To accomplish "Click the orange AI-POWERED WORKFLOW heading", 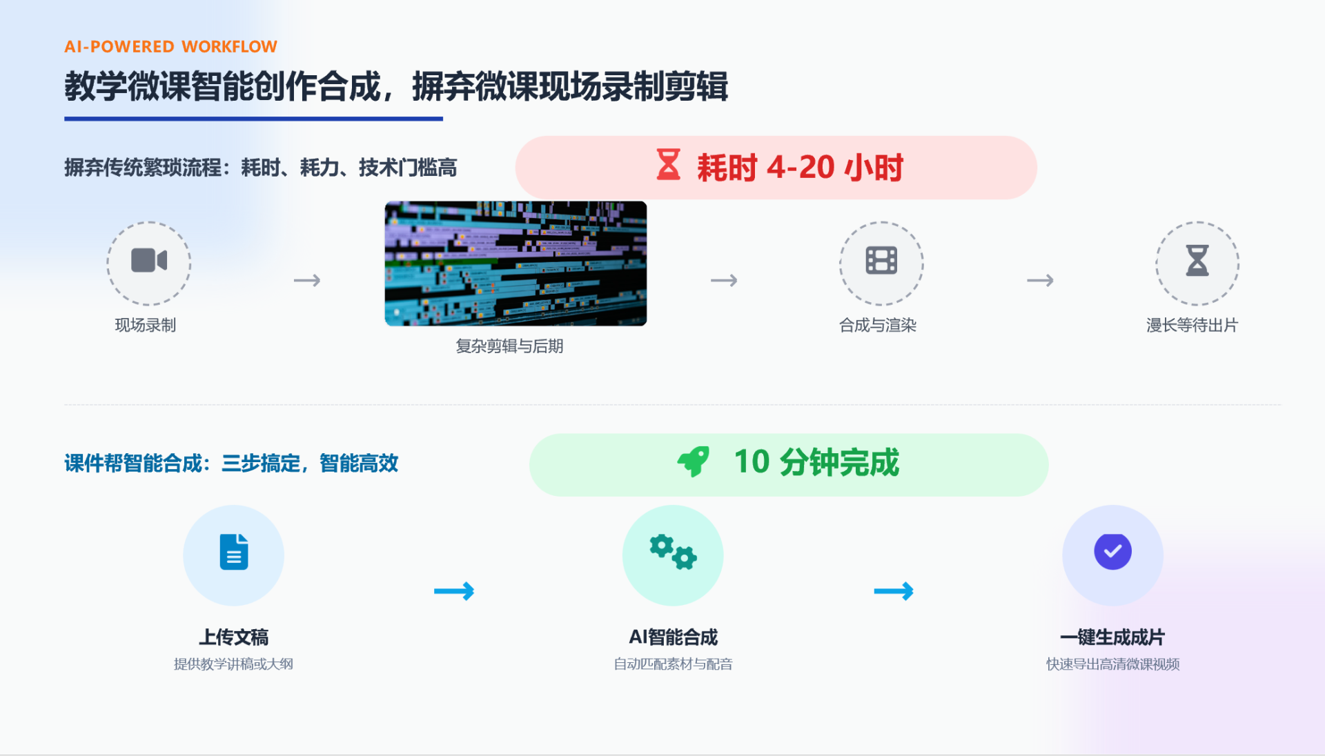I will click(x=170, y=46).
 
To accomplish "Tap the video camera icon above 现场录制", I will click(x=149, y=261).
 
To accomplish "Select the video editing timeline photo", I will click(x=516, y=263).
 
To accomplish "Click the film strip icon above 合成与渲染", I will click(x=881, y=261).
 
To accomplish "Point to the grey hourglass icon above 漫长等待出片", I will click(x=1197, y=261).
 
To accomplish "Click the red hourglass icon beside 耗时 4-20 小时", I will click(x=668, y=165).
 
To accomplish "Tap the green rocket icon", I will click(x=694, y=461).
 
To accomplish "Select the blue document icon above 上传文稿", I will click(x=234, y=552).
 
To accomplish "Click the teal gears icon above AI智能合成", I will click(x=673, y=552).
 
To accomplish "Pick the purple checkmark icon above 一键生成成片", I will click(x=1112, y=552).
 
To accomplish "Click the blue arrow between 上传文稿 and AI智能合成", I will click(x=454, y=591).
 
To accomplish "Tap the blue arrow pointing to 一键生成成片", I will click(x=894, y=591).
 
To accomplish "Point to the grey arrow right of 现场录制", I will click(x=307, y=281).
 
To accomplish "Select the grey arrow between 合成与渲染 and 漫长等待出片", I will click(x=1040, y=281).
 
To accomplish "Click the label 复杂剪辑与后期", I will click(x=509, y=346).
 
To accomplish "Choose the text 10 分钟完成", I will click(x=816, y=462).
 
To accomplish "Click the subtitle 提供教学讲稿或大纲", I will click(x=233, y=664).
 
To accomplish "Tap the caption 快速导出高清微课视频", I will click(x=1112, y=664).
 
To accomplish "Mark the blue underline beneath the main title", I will click(x=253, y=119).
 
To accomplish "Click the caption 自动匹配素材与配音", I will click(x=673, y=664).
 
